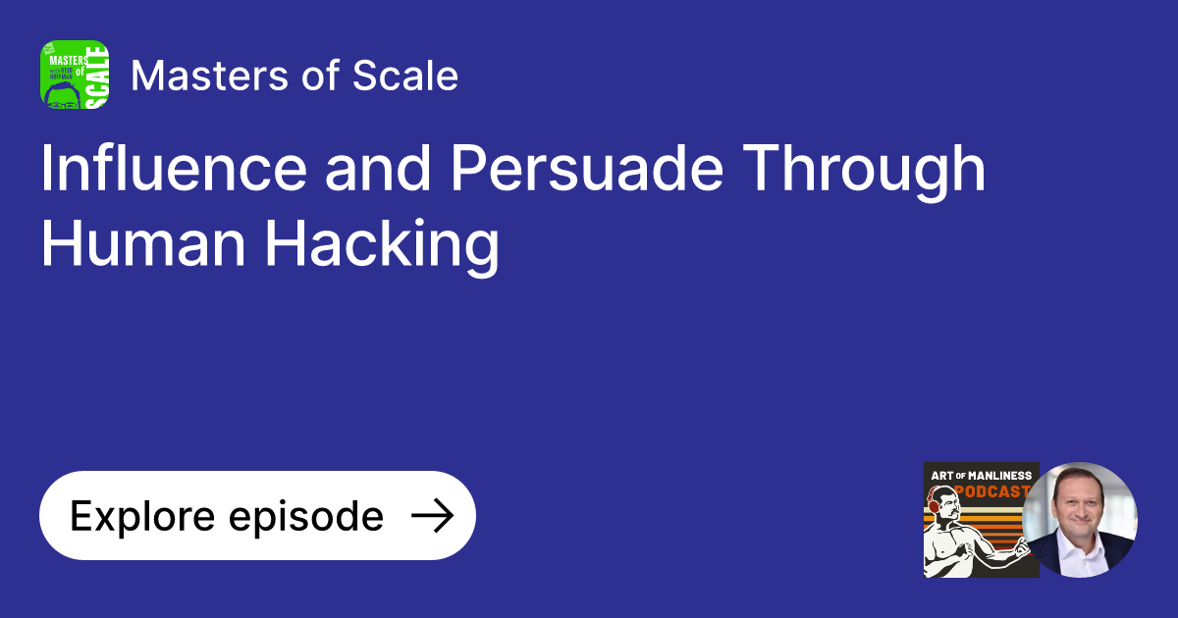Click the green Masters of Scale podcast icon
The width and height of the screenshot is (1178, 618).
click(x=75, y=75)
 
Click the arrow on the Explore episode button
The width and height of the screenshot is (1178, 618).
click(x=431, y=516)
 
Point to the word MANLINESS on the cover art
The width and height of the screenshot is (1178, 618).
click(x=993, y=476)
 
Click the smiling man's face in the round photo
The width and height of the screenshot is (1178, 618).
click(x=1080, y=508)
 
